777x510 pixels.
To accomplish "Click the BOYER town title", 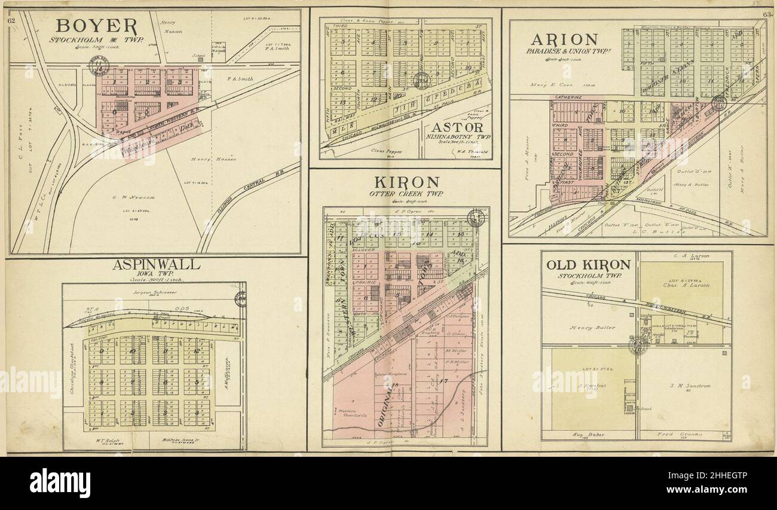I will click(x=97, y=26).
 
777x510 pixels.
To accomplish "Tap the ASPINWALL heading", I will click(x=156, y=265).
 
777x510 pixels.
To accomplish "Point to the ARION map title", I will click(x=564, y=39).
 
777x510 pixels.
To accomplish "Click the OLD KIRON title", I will click(x=588, y=265).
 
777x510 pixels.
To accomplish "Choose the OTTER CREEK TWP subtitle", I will click(x=405, y=194).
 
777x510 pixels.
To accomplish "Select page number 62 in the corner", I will click(x=11, y=21).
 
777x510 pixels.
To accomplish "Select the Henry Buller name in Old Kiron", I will click(x=592, y=327).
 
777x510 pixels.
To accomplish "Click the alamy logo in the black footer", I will click(x=60, y=482).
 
